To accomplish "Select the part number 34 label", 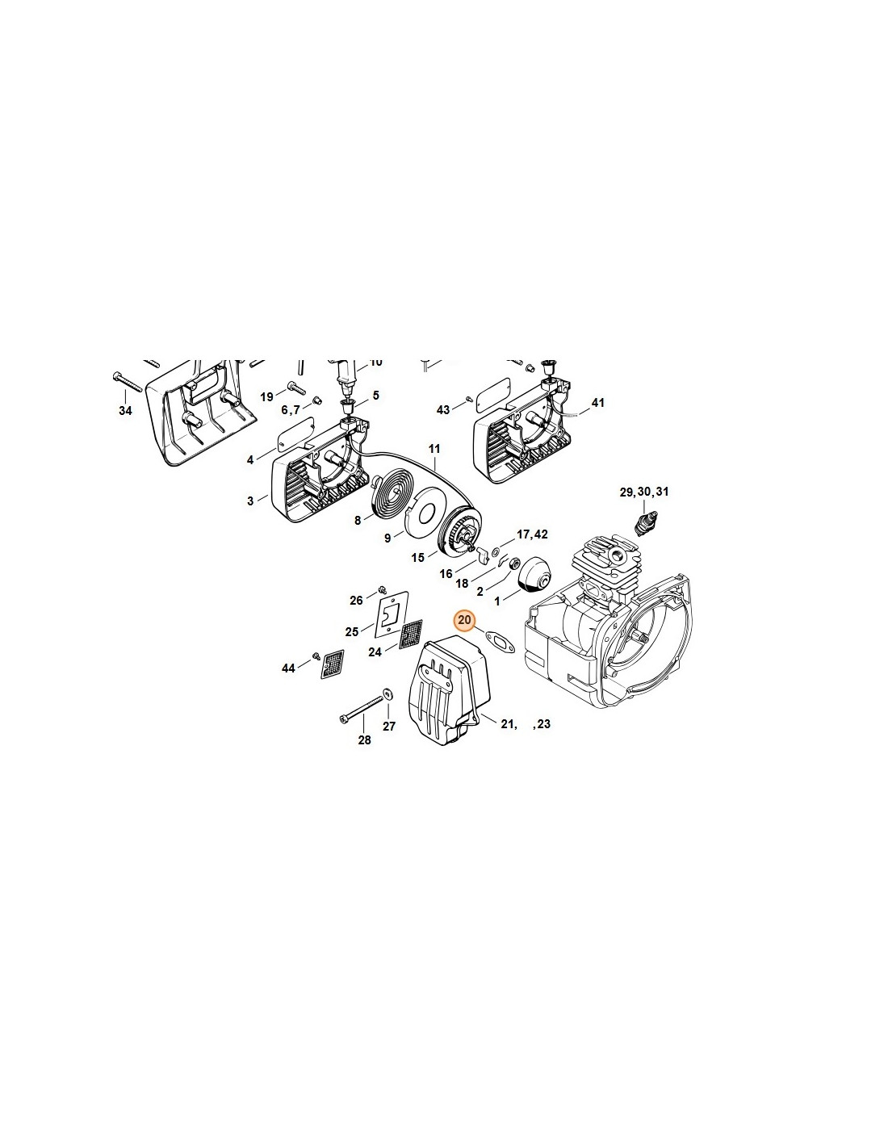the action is tap(125, 410).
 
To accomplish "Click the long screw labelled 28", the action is tap(359, 708).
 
